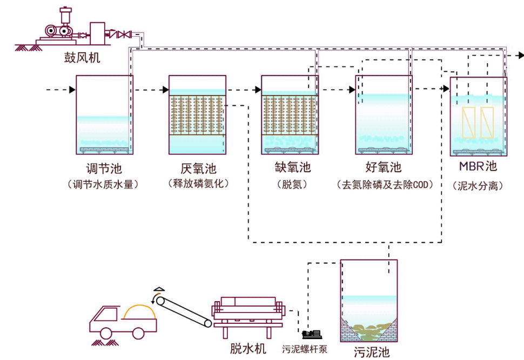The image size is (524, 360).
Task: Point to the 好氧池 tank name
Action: tap(384, 168)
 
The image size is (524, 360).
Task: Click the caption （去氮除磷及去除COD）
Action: tap(385, 185)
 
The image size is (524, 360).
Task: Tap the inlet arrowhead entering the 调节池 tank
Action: tap(72, 90)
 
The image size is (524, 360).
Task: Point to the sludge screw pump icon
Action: tap(312, 336)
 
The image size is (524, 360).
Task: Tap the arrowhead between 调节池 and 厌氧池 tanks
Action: tap(165, 90)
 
